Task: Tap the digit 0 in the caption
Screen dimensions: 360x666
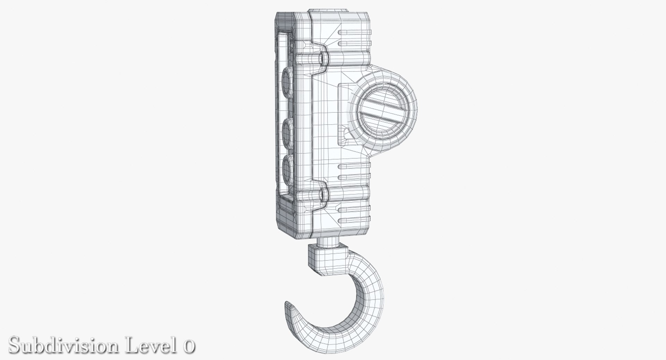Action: [x=188, y=346]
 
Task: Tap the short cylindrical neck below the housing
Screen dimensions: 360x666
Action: [x=326, y=242]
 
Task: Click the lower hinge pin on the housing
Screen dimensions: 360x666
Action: [x=324, y=195]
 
